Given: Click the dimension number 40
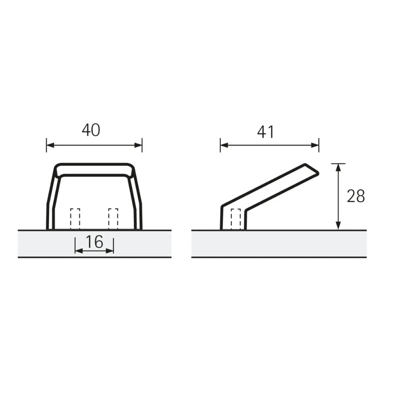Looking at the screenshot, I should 91,130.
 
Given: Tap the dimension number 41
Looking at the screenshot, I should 266,132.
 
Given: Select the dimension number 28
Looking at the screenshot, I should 356,196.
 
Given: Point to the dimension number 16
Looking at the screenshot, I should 94,242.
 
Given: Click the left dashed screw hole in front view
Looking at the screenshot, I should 75,218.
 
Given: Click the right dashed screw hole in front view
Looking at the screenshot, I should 113,218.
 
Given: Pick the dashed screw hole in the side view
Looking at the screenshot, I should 236,219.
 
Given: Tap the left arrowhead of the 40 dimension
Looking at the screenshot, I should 50,145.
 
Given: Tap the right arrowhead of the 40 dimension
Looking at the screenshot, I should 139,145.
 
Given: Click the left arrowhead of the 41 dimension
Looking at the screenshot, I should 223,145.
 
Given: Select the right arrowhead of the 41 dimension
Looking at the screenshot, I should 316,145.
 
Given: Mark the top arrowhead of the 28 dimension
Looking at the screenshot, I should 338,167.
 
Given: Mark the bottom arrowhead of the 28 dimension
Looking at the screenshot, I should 338,226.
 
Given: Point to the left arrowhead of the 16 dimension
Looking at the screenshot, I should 78,251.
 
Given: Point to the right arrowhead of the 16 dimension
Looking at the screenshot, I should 111,251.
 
